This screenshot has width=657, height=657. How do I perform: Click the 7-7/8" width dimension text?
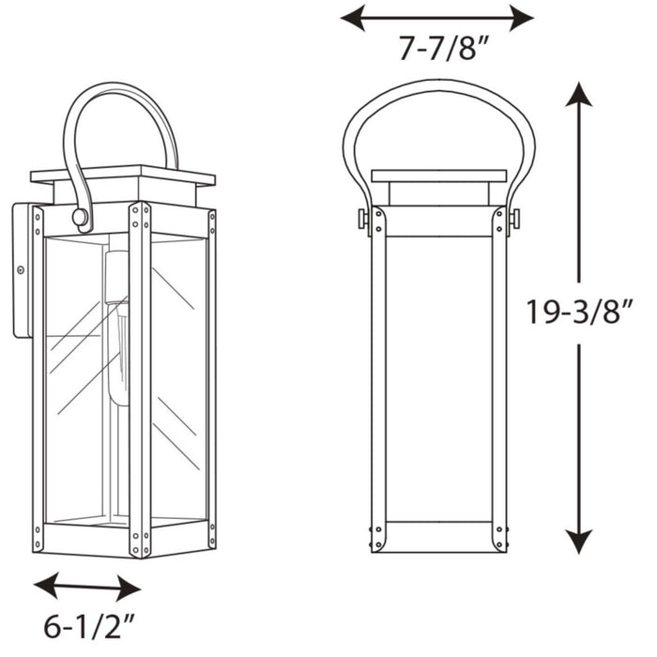pos(437,49)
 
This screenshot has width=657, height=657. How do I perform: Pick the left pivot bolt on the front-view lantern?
pos(364,219)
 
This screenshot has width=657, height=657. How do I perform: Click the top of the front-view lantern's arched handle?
pos(437,83)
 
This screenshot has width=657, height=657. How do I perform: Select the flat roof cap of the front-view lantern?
pos(438,176)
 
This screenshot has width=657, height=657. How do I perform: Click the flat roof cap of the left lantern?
pos(122,176)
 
